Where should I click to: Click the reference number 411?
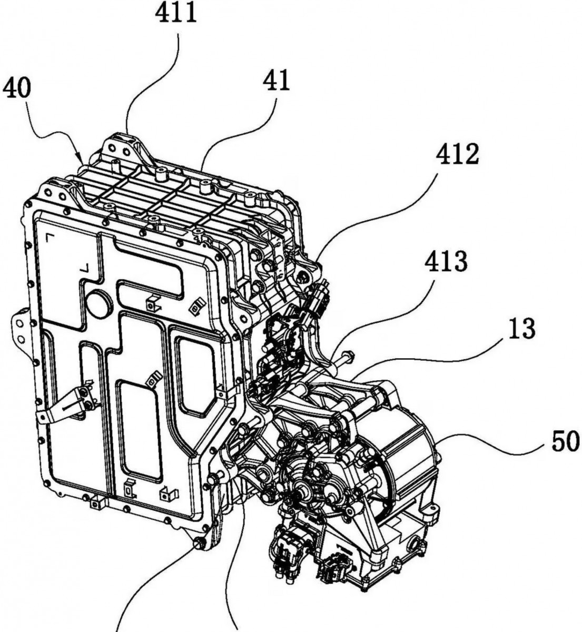(x=177, y=12)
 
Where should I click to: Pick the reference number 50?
(x=565, y=442)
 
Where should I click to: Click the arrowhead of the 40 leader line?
(x=81, y=157)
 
